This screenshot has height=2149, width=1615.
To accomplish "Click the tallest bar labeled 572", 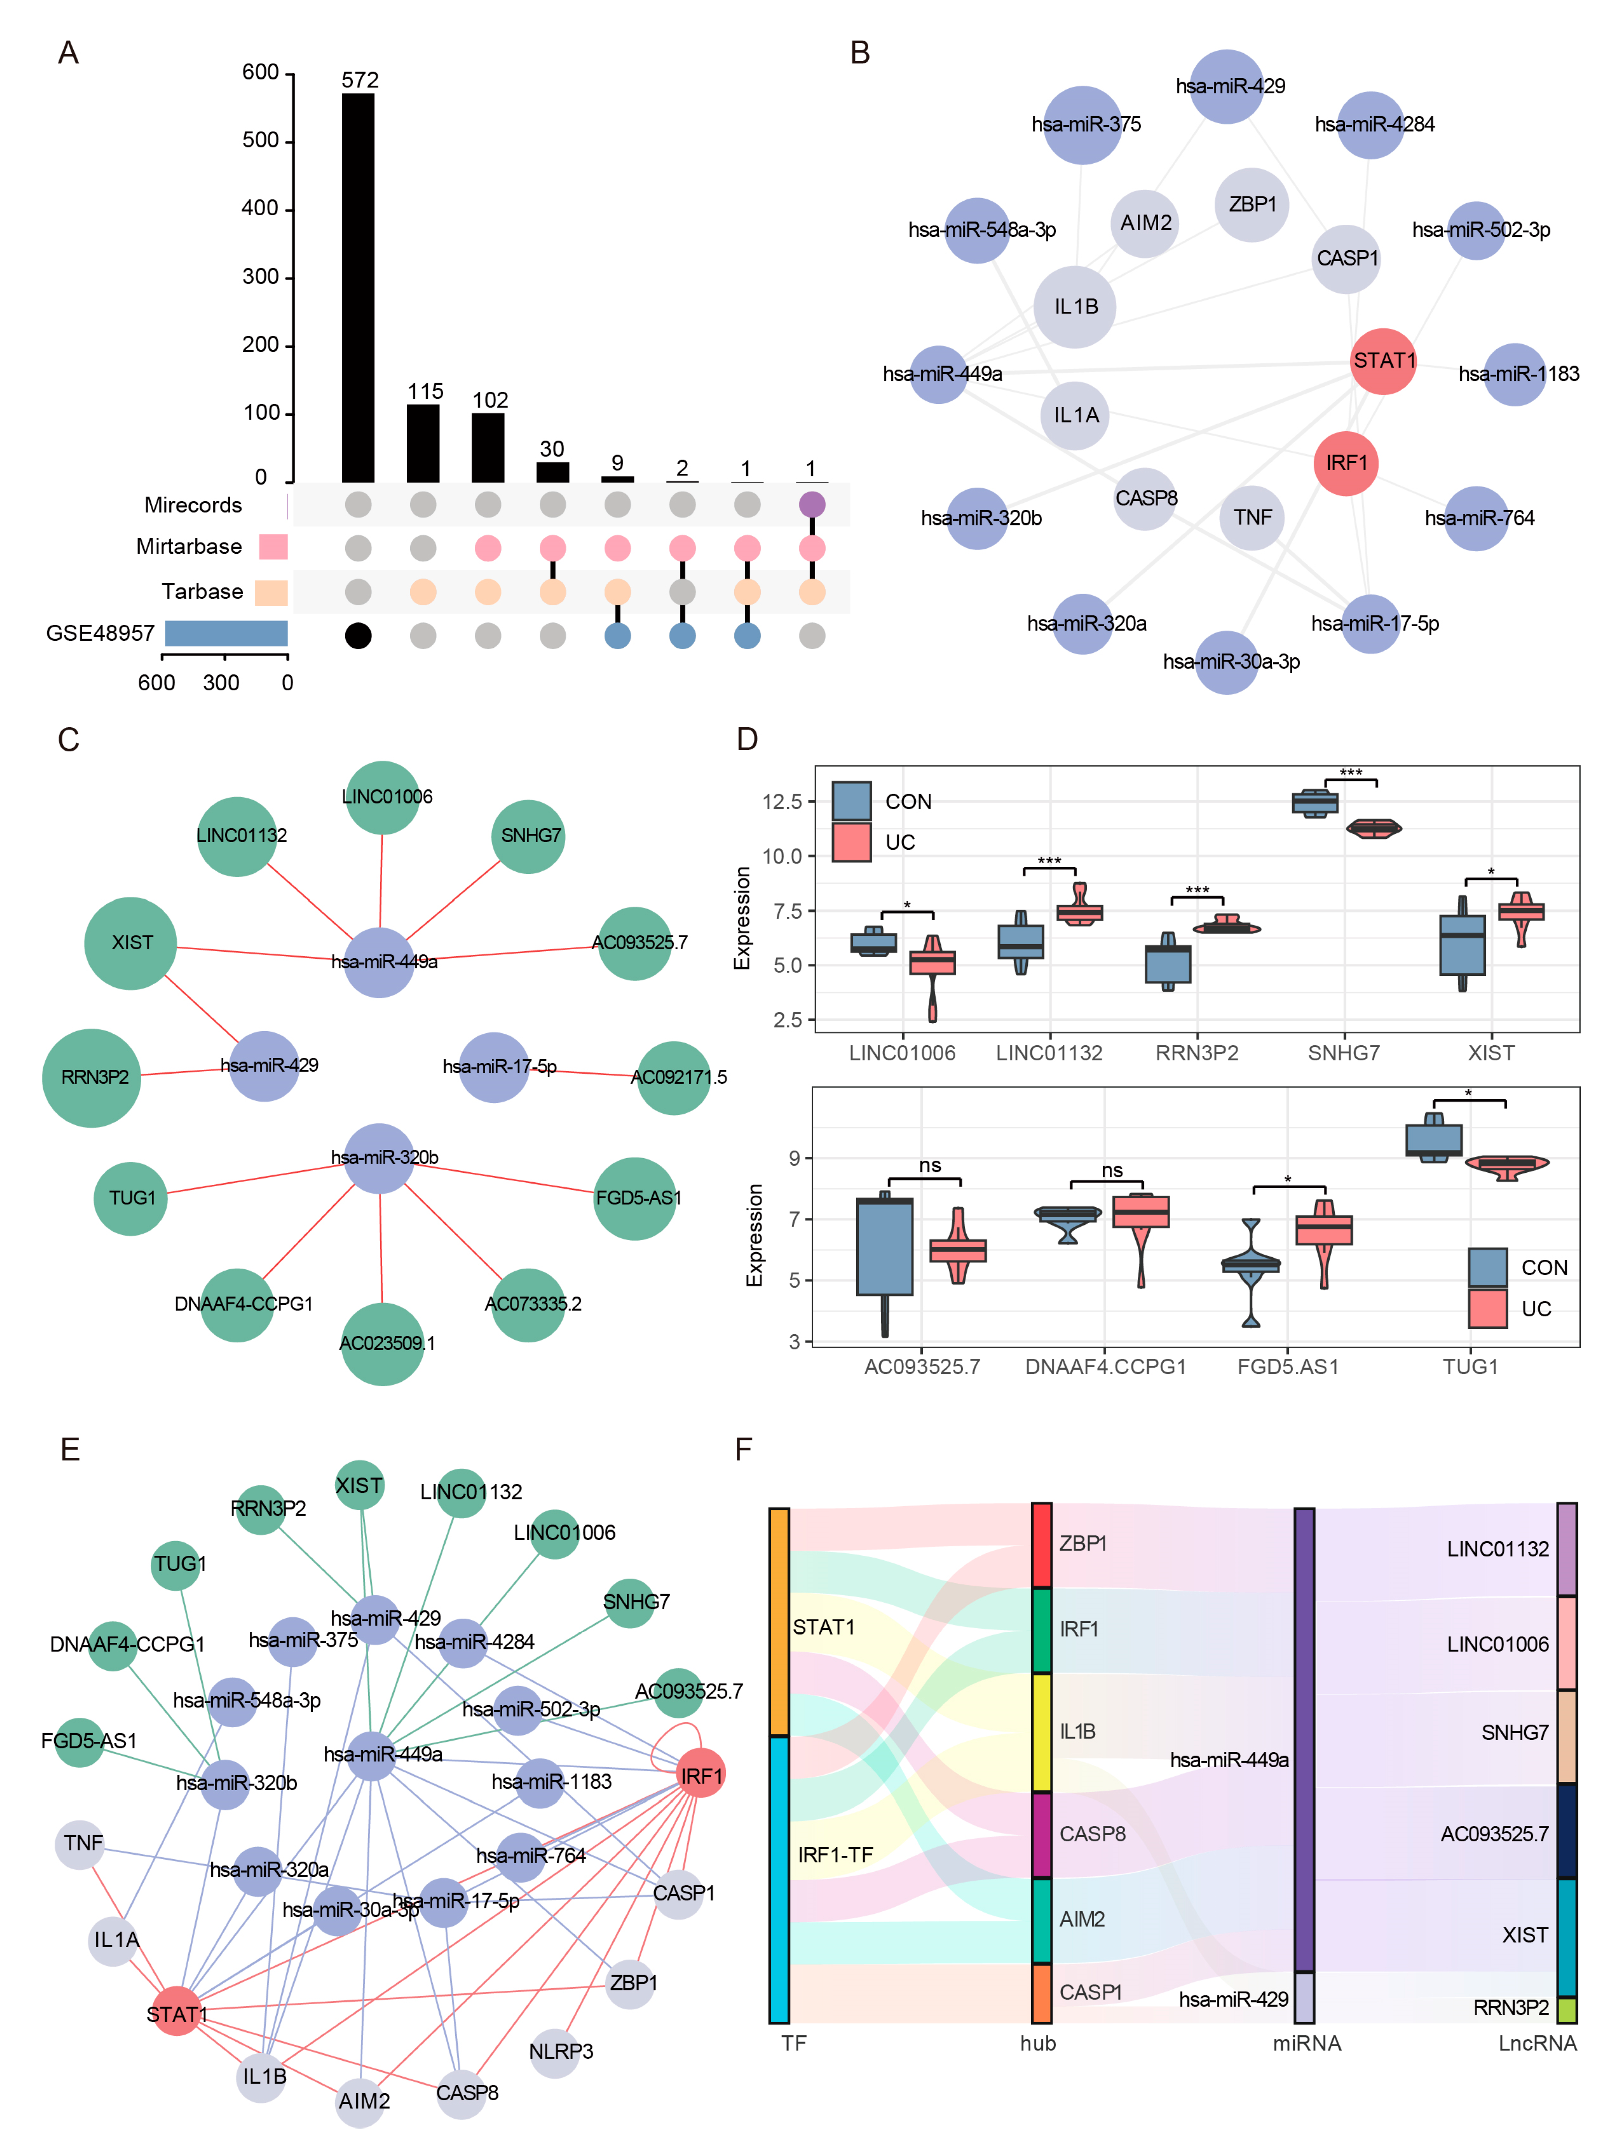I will (358, 286).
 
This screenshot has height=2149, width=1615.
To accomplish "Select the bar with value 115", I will (423, 443).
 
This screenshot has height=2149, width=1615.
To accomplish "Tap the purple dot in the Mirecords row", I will (811, 504).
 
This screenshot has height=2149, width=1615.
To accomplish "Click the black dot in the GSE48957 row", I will (358, 635).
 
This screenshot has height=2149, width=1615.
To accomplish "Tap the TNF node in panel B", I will (1251, 517).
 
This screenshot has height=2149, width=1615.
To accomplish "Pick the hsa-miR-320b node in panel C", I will (379, 1158).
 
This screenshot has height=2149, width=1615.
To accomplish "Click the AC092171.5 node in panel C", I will (673, 1077).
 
